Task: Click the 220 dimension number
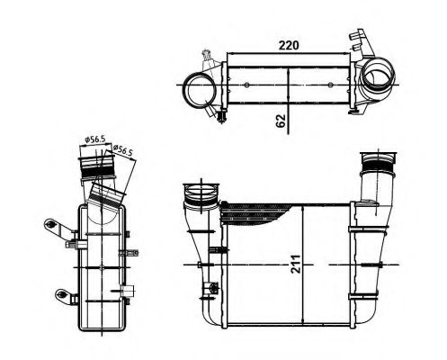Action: point(288,43)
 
